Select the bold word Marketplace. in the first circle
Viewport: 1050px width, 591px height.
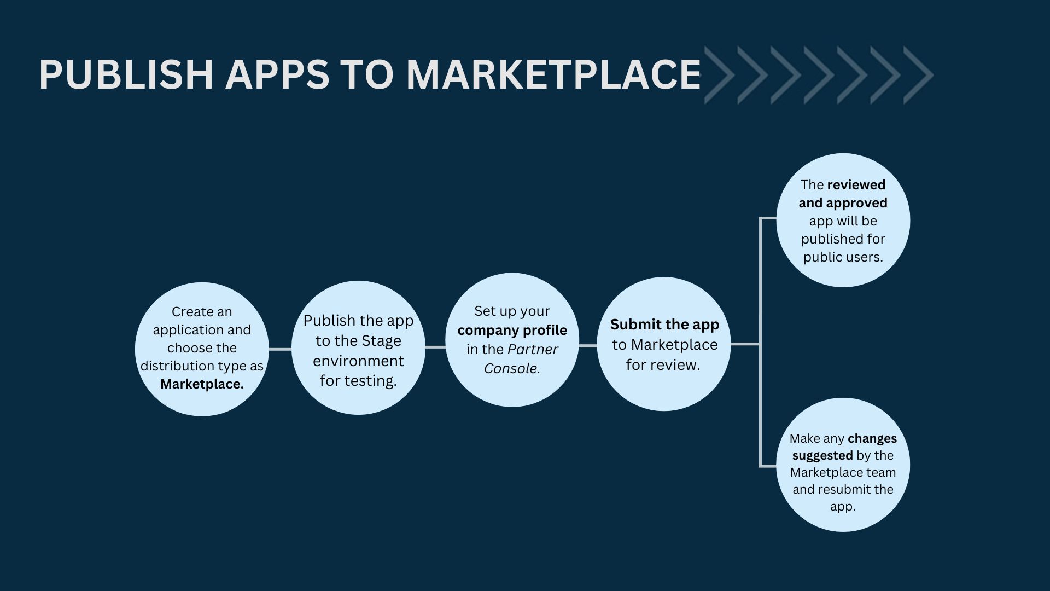coord(202,384)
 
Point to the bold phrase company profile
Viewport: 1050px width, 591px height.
coord(512,331)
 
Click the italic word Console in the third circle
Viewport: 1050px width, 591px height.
coord(510,368)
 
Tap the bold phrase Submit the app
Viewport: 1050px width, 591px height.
coord(664,325)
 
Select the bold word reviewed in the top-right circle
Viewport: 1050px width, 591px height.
coord(856,185)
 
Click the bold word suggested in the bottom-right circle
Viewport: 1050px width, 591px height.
coord(822,456)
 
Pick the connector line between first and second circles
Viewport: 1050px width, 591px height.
coord(280,349)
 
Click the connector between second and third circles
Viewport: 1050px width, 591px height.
coord(435,347)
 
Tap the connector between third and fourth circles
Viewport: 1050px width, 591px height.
coord(588,346)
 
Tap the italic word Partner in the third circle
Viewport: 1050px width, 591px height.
coord(533,349)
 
